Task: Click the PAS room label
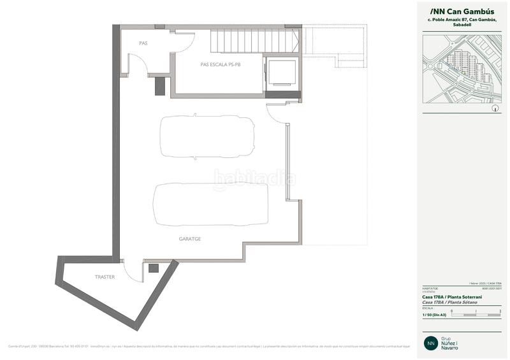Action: (x=143, y=43)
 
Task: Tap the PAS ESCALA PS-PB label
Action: (x=220, y=64)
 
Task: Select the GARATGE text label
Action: (x=189, y=238)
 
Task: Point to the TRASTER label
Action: (x=105, y=277)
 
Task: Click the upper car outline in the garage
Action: (x=208, y=136)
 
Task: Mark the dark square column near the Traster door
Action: (x=153, y=269)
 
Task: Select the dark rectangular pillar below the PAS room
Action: (x=160, y=86)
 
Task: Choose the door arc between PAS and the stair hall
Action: (x=184, y=42)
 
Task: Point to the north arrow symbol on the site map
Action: (x=495, y=109)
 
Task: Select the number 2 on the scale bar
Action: (x=500, y=311)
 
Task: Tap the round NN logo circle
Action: (x=431, y=343)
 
